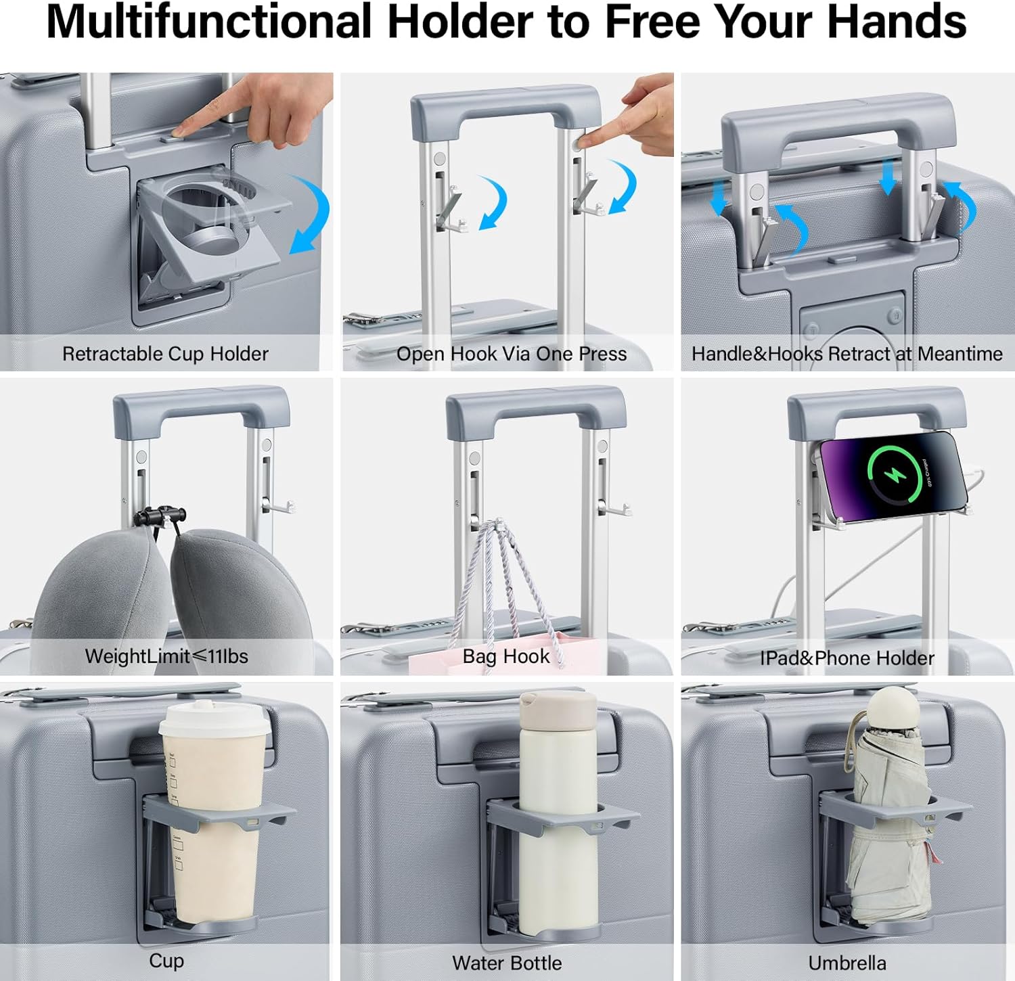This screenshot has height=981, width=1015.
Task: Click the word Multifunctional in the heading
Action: [209, 22]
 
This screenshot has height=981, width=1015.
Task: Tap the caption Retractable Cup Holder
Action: [165, 354]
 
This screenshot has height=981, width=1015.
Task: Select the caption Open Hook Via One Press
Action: [512, 354]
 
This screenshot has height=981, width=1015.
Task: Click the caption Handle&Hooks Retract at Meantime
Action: [847, 354]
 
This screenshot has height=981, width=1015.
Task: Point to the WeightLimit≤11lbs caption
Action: [166, 656]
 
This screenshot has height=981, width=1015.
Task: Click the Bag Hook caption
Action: [506, 656]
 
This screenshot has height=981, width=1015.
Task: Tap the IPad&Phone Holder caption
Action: [847, 658]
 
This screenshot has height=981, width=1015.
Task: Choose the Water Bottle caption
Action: [507, 963]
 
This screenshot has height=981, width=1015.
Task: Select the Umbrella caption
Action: [847, 963]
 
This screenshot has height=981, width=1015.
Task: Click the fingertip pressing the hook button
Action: [584, 141]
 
